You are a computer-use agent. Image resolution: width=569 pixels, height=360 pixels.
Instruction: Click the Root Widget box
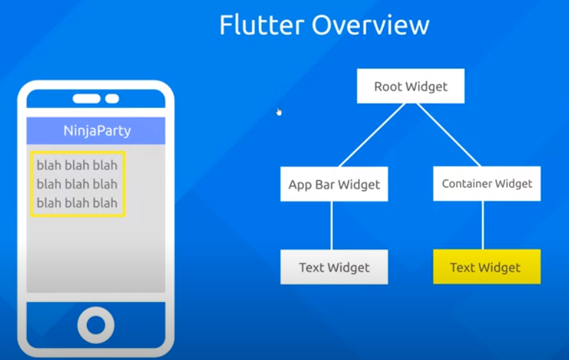(x=411, y=86)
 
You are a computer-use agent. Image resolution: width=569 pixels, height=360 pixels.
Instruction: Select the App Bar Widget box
(x=334, y=184)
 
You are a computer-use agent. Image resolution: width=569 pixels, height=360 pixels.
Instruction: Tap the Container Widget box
(x=487, y=183)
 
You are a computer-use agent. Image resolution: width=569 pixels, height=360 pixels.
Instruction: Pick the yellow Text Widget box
(x=486, y=267)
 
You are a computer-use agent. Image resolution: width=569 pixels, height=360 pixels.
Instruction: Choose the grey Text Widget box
(x=334, y=267)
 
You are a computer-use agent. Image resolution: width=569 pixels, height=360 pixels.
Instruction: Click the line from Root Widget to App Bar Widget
(x=371, y=135)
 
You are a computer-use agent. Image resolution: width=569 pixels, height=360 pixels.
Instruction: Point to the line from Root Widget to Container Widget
(x=448, y=135)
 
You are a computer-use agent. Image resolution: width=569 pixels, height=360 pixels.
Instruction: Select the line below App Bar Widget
(x=332, y=225)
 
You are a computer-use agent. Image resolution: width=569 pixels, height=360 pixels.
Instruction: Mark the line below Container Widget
(x=483, y=225)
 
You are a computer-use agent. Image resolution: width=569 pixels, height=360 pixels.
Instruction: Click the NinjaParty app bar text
(x=96, y=131)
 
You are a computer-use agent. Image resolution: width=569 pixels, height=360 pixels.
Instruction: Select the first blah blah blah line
(x=77, y=165)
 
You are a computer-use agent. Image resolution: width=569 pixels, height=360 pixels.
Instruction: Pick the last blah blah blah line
(x=77, y=203)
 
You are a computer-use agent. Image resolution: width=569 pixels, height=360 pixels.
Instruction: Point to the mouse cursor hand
(x=278, y=111)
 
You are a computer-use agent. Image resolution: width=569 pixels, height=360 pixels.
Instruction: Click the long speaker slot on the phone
(x=86, y=99)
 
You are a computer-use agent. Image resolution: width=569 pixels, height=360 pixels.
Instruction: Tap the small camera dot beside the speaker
(x=112, y=99)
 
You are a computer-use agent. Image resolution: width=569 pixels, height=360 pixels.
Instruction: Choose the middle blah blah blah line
(x=77, y=184)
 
